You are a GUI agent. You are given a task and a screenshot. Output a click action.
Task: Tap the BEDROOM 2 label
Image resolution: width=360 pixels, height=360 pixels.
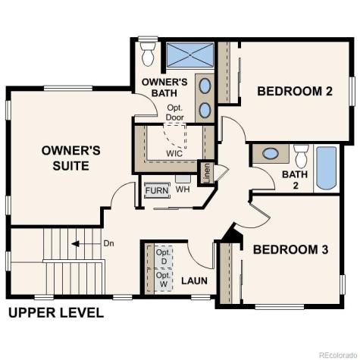[x=295, y=92]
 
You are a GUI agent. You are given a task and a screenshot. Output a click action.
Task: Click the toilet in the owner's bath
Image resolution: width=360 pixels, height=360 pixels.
[x=148, y=53]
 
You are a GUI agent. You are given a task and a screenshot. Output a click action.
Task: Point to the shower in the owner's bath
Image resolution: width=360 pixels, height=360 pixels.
[x=189, y=55]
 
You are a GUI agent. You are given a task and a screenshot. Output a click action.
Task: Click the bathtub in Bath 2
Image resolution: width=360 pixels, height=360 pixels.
[x=326, y=168]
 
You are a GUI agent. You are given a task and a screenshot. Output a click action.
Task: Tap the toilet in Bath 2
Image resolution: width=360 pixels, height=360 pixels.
[x=301, y=156]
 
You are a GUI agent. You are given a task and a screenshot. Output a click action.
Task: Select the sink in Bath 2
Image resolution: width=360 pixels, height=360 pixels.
[x=269, y=155]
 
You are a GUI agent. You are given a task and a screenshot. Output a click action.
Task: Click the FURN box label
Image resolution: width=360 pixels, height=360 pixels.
[x=157, y=190]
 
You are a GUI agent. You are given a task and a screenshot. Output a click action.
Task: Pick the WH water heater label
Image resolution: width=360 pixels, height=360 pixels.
[x=183, y=189]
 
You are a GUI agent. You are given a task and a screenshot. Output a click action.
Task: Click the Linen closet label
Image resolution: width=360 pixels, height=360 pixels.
[x=205, y=172]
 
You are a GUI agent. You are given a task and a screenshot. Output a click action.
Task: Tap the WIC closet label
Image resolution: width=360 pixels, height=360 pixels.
[x=175, y=153]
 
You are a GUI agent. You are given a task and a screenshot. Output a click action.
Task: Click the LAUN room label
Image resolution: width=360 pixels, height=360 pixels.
[x=194, y=281]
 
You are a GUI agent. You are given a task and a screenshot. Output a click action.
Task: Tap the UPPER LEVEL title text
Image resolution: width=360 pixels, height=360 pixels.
[x=55, y=313]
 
